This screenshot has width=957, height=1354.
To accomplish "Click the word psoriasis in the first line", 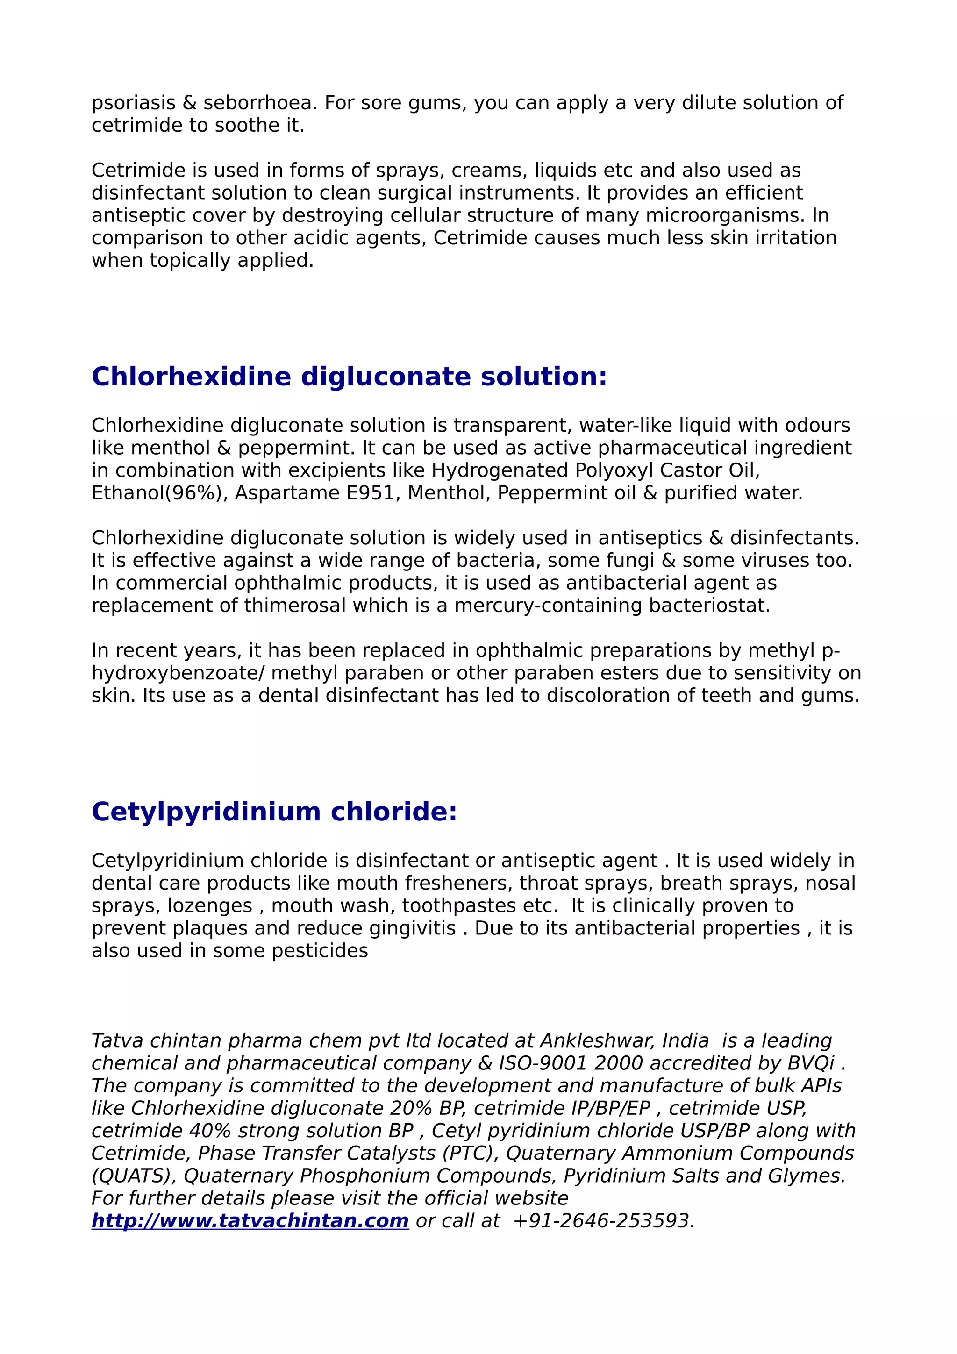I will [133, 103].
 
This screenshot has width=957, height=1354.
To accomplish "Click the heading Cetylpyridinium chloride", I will [274, 812].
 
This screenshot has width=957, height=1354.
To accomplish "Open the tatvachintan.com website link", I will [250, 1220].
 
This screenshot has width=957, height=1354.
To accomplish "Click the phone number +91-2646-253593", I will [604, 1220].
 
